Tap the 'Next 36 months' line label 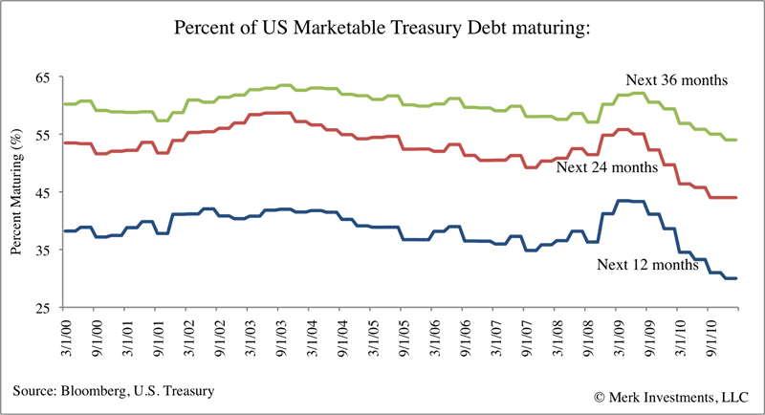[677, 80]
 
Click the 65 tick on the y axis [44, 76]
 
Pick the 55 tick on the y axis [44, 135]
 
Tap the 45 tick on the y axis [44, 192]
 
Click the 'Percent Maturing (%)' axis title [16, 191]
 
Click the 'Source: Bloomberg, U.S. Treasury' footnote [113, 390]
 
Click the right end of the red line [735, 197]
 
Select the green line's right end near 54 [735, 140]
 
